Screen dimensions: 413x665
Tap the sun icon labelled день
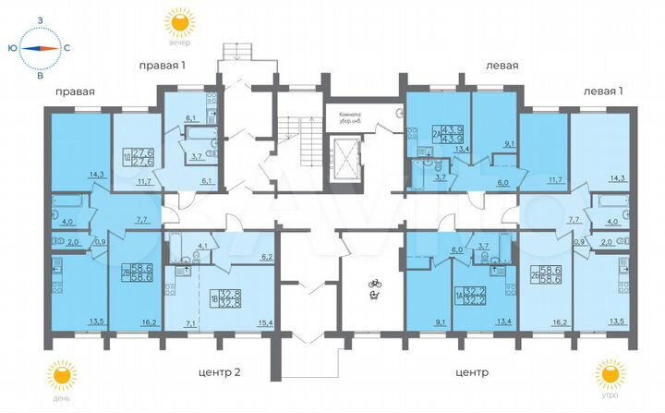coord(63,377)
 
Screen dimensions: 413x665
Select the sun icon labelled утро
coord(606,377)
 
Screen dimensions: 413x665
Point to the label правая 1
coord(162,65)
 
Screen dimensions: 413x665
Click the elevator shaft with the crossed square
coord(350,158)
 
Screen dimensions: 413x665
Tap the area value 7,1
coord(191,324)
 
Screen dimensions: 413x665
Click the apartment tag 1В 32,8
coord(221,297)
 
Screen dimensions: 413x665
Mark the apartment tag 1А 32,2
coord(468,297)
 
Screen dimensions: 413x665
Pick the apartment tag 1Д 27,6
coord(139,158)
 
